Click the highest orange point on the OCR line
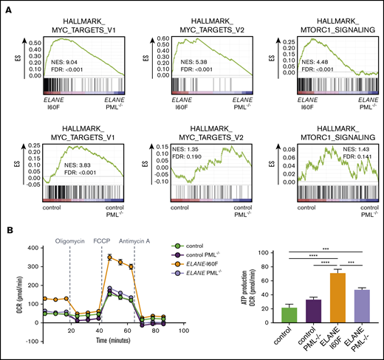[x=109, y=257]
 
